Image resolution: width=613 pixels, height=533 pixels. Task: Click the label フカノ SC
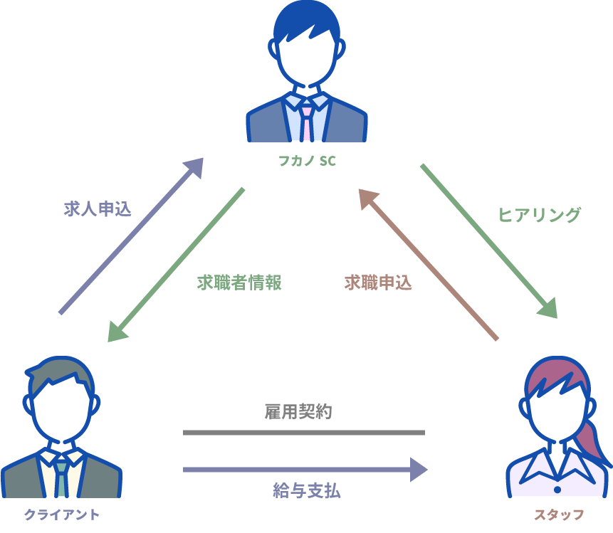pos(306,162)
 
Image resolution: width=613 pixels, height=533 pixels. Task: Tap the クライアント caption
pos(62,514)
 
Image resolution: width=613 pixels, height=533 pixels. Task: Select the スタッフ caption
pos(559,514)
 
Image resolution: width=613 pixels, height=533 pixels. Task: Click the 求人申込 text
pos(98,209)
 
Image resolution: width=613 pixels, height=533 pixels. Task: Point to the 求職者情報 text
pos(239,283)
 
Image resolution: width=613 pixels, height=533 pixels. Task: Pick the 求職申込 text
pos(378,283)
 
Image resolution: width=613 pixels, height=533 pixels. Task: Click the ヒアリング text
pos(539,215)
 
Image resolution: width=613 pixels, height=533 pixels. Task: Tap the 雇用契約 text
pos(298,411)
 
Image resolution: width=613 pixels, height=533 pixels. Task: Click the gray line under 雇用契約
pos(303,433)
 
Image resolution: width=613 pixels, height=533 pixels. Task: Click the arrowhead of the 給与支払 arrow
pos(419,470)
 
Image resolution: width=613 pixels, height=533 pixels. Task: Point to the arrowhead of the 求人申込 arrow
pos(194,167)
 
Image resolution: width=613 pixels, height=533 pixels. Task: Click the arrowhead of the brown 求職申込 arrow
pos(368,199)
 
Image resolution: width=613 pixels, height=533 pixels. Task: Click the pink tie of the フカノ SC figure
pos(306,121)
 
